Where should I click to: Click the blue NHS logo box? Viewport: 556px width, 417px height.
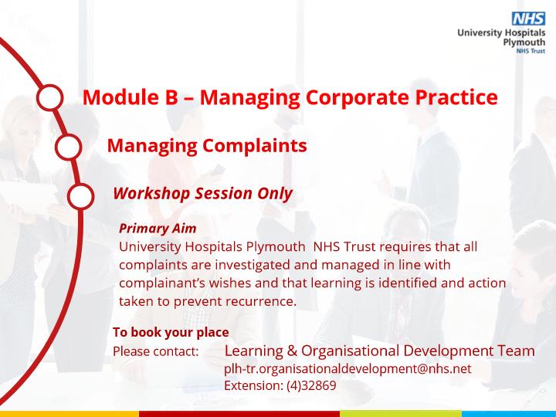[528, 19]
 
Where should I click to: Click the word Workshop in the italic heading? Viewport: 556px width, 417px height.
[151, 194]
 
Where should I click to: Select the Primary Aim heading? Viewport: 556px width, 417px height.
[158, 229]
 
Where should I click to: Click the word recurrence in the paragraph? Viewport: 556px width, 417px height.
[261, 301]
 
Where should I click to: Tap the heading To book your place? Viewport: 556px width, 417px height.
[171, 332]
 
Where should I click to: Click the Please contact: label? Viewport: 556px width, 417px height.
[156, 352]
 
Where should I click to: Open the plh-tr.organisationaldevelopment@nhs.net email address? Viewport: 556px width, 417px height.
[347, 369]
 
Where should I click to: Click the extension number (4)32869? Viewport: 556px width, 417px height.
[311, 385]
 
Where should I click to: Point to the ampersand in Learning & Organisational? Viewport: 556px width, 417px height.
[292, 351]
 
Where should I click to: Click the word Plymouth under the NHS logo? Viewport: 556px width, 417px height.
[524, 42]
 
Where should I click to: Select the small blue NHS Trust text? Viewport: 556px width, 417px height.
[531, 51]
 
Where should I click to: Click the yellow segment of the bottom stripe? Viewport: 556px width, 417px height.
[69, 414]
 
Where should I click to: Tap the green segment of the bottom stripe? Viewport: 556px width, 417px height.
[401, 414]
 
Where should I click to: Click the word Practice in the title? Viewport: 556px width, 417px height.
[456, 97]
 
